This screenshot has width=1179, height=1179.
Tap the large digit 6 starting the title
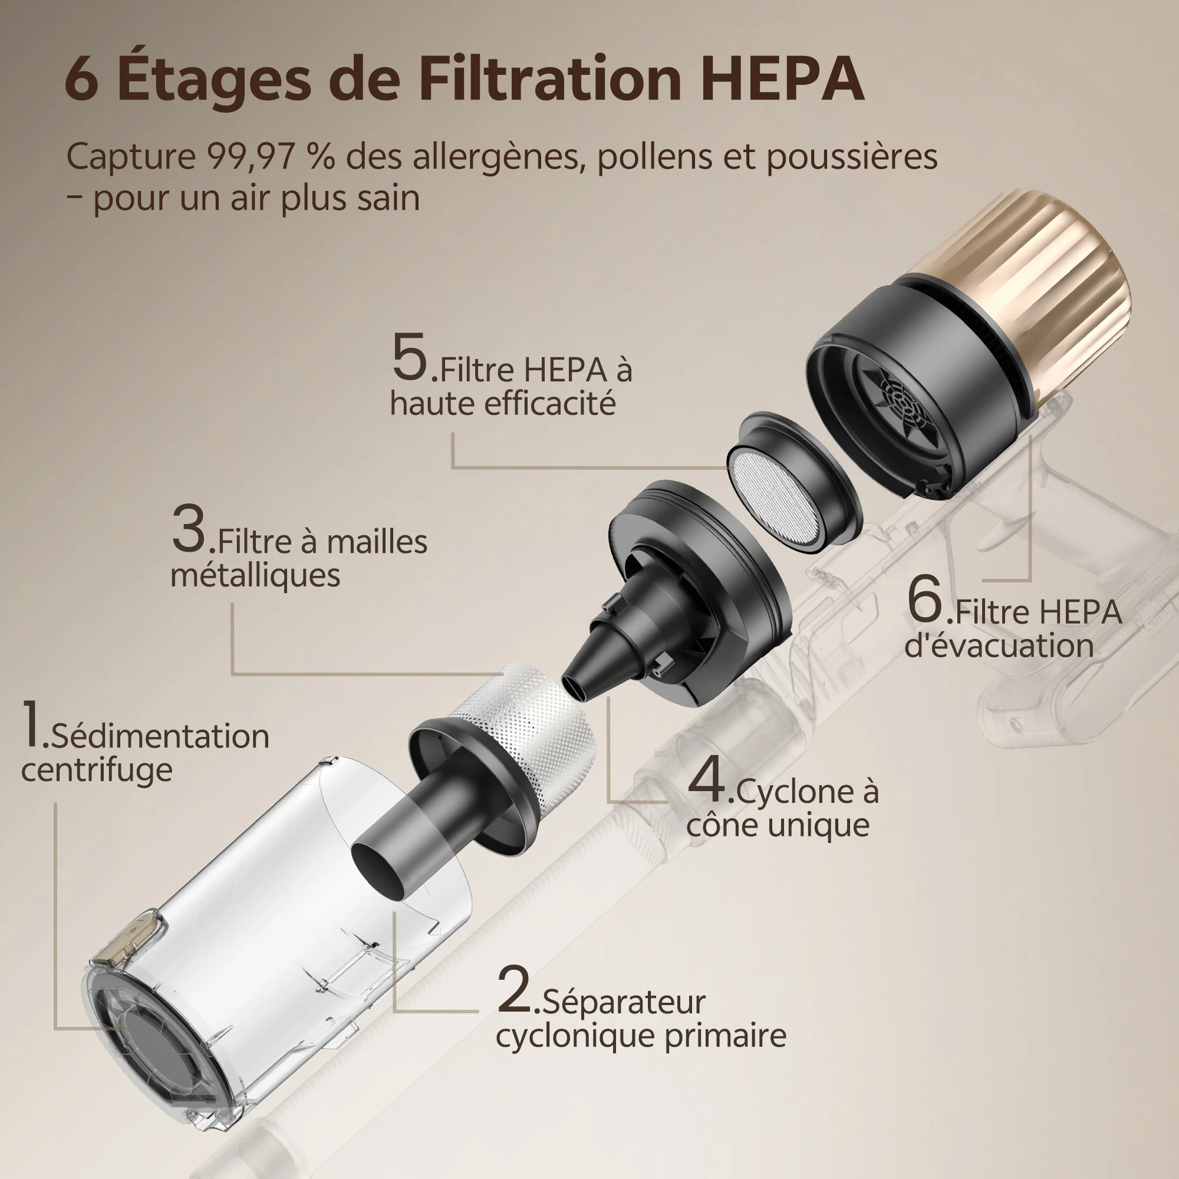[x=81, y=81]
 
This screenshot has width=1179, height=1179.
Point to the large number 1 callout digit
[x=31, y=724]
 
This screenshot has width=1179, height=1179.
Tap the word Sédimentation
[x=160, y=736]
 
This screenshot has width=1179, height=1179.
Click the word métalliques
[x=255, y=575]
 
